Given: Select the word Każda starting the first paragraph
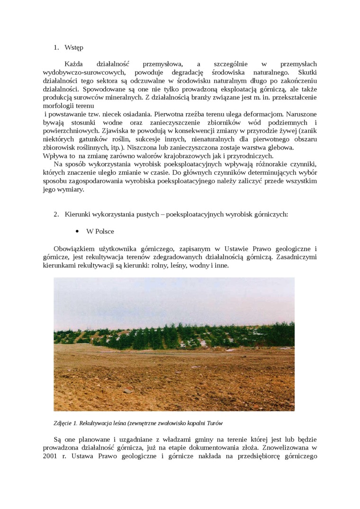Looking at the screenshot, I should click(x=73, y=63).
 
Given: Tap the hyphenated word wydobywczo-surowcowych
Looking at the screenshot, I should click(x=83, y=72).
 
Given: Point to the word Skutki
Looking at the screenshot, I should click(x=307, y=72).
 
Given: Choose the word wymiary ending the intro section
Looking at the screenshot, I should click(x=70, y=189).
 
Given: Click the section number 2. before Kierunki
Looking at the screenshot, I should click(x=56, y=214).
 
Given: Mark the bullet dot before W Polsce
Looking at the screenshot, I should click(x=77, y=232).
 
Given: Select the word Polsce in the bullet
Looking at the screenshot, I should click(x=104, y=232).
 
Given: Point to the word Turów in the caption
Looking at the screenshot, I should click(x=214, y=422).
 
